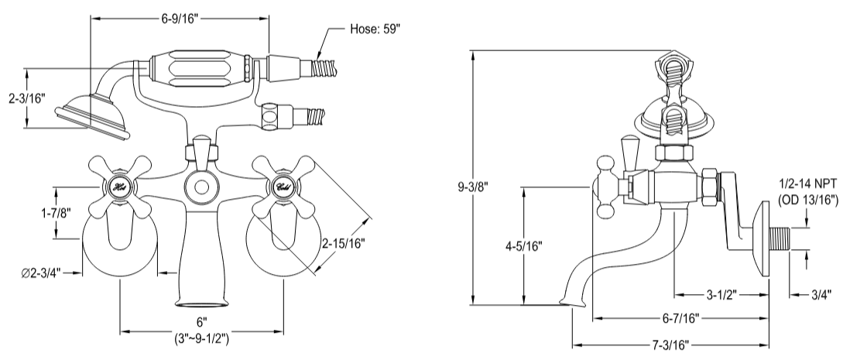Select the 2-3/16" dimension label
click(26, 98)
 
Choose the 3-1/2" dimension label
click(723, 294)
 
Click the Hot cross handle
click(118, 187)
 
